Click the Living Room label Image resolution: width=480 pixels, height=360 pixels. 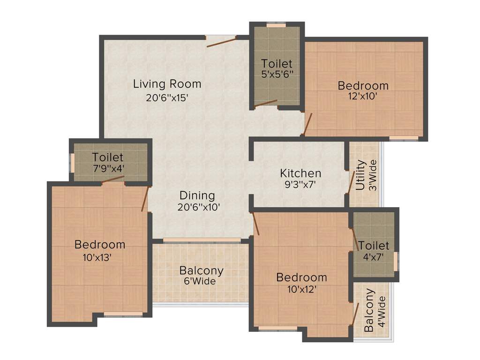pyautogui.click(x=167, y=84)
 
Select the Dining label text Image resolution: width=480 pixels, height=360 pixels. pyautogui.click(x=197, y=195)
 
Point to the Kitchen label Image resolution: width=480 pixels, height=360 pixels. pyautogui.click(x=300, y=173)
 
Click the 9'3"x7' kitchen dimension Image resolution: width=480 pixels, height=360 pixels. pyautogui.click(x=300, y=185)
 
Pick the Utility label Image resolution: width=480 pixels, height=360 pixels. pyautogui.click(x=360, y=175)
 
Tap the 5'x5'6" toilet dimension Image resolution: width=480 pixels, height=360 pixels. pyautogui.click(x=277, y=74)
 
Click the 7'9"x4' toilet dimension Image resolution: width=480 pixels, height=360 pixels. pyautogui.click(x=108, y=168)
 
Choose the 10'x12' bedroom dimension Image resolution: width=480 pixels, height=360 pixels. pyautogui.click(x=301, y=289)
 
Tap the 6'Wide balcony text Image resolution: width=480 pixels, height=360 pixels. pyautogui.click(x=201, y=281)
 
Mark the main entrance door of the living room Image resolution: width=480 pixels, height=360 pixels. pyautogui.click(x=221, y=42)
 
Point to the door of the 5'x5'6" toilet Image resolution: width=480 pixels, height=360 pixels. pyautogui.click(x=266, y=104)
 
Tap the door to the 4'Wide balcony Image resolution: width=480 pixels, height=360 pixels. pyautogui.click(x=356, y=314)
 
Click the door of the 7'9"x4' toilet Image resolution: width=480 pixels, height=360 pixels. pyautogui.click(x=113, y=179)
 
